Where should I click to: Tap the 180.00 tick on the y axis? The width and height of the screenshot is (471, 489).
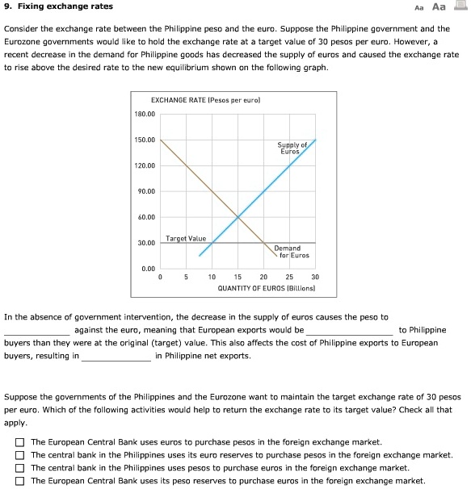(145, 114)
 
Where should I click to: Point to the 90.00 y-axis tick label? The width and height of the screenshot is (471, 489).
(145, 191)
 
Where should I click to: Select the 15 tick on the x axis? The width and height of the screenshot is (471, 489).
(238, 277)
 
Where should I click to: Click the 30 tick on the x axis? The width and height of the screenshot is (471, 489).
(315, 277)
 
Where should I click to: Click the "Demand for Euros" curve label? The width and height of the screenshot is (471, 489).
(288, 252)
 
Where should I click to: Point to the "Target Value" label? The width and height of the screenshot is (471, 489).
(186, 238)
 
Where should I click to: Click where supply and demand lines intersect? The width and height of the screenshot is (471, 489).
(238, 216)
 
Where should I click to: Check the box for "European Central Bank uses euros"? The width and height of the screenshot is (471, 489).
(19, 443)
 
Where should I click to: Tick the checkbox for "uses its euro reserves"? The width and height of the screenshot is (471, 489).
(19, 455)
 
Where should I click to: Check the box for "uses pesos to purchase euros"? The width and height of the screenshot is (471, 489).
(19, 468)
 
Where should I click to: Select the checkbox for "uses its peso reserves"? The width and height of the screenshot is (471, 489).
(19, 480)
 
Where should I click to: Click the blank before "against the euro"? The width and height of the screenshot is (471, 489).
(37, 330)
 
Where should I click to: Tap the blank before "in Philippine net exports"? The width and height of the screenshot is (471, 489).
(116, 355)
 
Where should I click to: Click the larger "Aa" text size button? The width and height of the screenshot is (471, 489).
(439, 7)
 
